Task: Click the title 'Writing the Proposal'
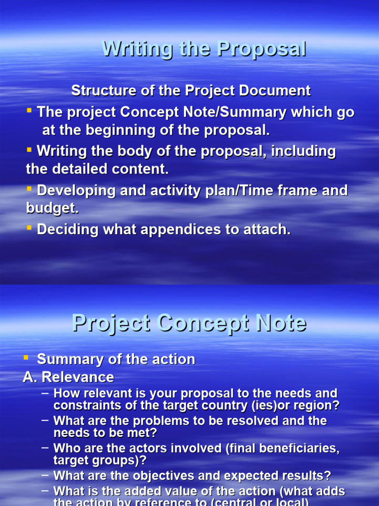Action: (203, 49)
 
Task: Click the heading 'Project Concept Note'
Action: (189, 324)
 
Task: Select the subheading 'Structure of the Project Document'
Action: (191, 91)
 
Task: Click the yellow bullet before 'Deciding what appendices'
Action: (30, 228)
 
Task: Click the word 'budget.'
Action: (52, 209)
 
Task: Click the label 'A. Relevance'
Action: (68, 378)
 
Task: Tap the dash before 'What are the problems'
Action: (45, 421)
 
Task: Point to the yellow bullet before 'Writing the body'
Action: (30, 149)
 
